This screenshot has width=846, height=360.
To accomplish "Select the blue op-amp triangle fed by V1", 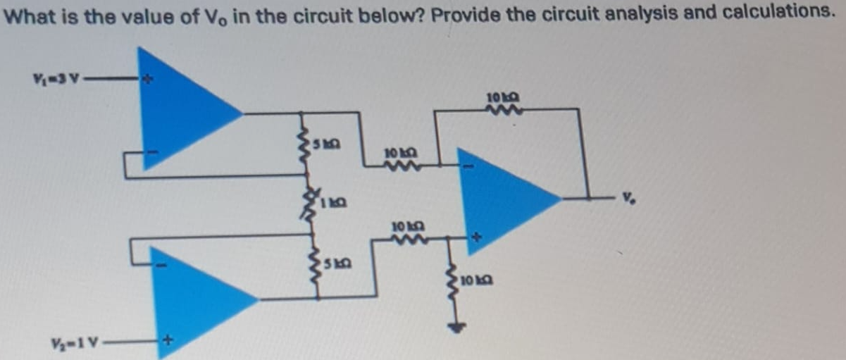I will pyautogui.click(x=180, y=109).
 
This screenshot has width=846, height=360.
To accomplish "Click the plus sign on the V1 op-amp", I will pyautogui.click(x=148, y=82).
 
